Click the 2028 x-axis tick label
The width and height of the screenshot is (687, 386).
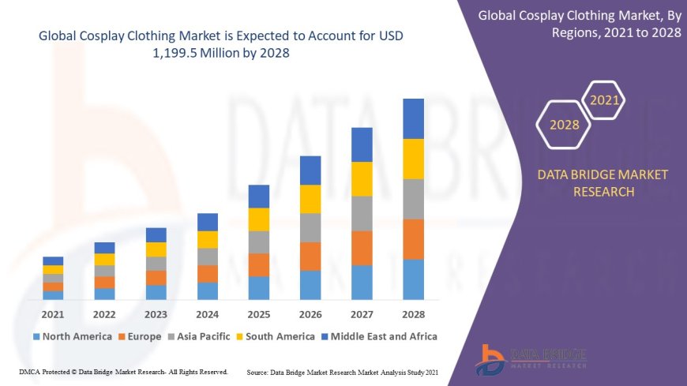pos(413,314)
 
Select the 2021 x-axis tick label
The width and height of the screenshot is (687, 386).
pos(53,314)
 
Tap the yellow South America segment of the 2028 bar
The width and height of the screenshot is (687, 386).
pos(413,159)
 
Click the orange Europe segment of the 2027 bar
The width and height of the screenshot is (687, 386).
pos(362,248)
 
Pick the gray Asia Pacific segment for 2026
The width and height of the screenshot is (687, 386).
pos(310,227)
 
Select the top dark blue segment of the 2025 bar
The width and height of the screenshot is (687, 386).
pos(259,197)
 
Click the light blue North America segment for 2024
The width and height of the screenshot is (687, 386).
pos(208,291)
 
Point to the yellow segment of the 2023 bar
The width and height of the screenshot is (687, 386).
pos(156,249)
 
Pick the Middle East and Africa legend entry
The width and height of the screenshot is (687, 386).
pos(378,336)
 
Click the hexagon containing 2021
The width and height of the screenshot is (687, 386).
pos(605,100)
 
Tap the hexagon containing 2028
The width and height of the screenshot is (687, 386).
pos(564,125)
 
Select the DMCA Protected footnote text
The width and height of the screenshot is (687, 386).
pos(123,372)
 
